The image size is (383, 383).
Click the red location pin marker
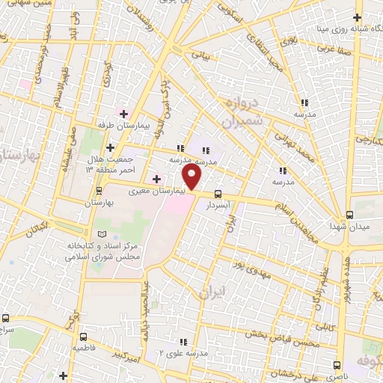[192, 178]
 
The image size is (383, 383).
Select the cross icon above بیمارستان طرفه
[123, 112]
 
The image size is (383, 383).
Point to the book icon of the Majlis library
[92, 234]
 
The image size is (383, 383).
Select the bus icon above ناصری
[337, 366]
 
